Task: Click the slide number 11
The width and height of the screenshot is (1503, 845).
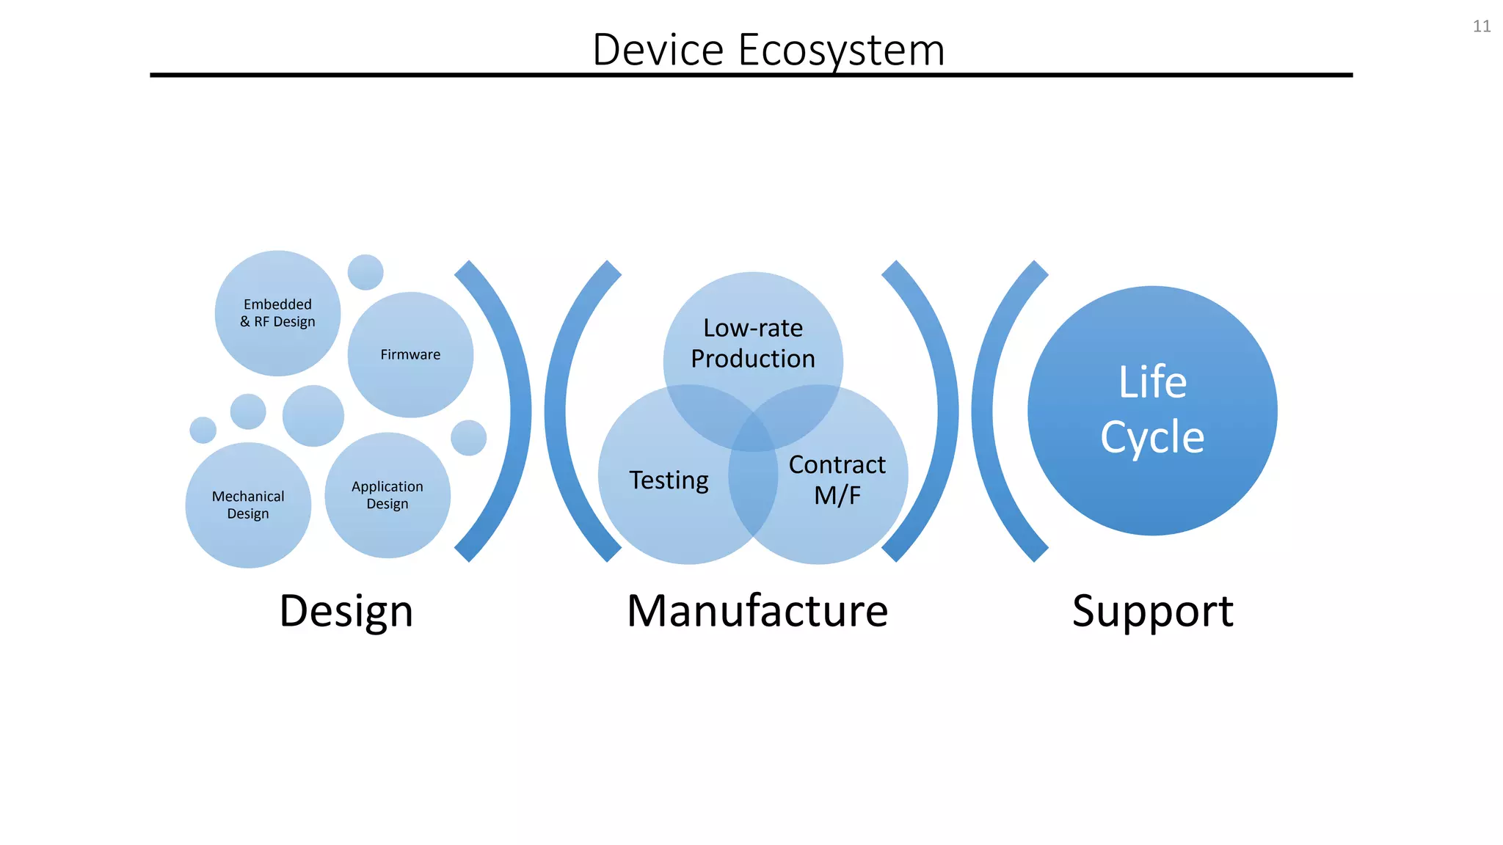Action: coord(1481,26)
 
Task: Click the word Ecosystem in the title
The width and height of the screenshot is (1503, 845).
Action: coord(841,51)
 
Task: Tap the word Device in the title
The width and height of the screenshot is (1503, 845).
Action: coord(658,51)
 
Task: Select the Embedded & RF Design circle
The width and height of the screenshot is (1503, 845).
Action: coord(277,313)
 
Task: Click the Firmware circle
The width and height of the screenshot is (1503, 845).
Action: coord(410,355)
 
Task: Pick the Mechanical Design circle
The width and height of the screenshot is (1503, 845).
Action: coord(248,505)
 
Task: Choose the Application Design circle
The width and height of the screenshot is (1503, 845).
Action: coord(387,495)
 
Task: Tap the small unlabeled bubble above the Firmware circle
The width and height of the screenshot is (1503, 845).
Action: coord(365,272)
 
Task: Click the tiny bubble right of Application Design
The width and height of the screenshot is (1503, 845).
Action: coord(468,438)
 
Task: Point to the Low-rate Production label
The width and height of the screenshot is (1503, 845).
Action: coord(753,343)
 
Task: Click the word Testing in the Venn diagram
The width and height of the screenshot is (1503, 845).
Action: coord(669,480)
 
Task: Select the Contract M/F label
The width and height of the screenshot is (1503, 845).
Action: coord(837,480)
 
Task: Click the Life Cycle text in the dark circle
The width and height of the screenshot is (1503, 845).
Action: coord(1152,409)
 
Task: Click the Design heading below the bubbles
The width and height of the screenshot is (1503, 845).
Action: coord(346,611)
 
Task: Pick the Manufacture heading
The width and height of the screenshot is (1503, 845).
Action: coord(757,611)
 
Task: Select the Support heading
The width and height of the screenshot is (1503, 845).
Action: coord(1152,611)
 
